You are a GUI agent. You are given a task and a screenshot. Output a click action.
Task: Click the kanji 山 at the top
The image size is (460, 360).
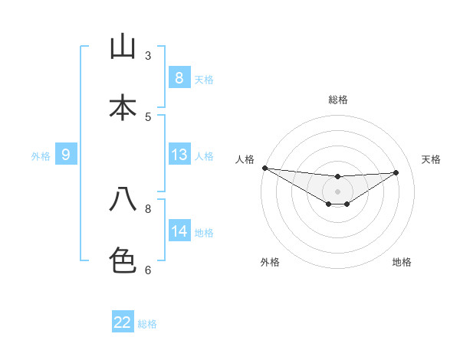coord(123,47)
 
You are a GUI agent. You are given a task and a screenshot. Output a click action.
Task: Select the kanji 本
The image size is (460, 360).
coord(123,107)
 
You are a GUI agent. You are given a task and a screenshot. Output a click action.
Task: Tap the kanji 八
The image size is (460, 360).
coord(123,199)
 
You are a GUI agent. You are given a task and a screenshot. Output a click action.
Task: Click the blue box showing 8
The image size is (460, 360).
coord(179,78)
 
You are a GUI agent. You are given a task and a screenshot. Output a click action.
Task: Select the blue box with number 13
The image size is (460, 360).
coord(179,155)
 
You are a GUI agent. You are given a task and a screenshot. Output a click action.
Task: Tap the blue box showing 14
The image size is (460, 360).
coord(179,231)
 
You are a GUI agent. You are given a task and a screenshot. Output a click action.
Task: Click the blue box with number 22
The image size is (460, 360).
coord(123,322)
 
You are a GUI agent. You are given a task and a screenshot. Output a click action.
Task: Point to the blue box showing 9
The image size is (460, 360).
coord(66,155)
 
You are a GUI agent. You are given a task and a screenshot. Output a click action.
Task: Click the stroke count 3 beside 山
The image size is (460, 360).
coord(148,55)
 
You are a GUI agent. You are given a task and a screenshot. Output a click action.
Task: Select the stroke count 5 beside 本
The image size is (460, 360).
coord(148,116)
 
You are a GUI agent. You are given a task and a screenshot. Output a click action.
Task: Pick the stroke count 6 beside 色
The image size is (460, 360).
coord(148,270)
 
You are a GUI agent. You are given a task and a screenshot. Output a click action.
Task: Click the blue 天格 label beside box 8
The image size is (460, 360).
coord(204,79)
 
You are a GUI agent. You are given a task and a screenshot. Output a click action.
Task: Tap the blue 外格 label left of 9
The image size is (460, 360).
coord(41,156)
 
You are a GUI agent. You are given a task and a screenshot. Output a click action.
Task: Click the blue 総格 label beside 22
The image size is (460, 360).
coord(147,323)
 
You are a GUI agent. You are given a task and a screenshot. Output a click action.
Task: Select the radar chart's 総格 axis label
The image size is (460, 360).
coord(338,100)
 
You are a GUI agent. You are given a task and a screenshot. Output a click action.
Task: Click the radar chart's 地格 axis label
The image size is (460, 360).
coord(402,262)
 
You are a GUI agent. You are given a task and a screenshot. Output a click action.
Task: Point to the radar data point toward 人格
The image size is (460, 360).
coord(264,168)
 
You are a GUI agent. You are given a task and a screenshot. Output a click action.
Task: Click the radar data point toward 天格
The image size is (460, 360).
coord(396,172)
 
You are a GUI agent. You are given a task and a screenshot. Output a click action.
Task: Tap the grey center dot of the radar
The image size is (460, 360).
coord(337,191)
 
